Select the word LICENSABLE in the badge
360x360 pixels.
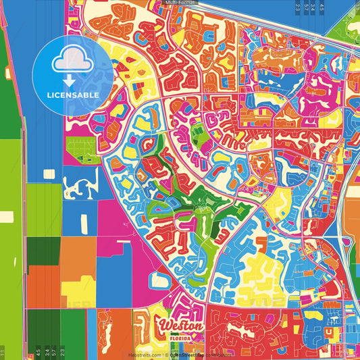(72, 95)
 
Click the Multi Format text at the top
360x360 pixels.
(180, 3)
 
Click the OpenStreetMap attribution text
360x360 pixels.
(189, 355)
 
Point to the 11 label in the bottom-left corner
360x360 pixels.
(3, 353)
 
